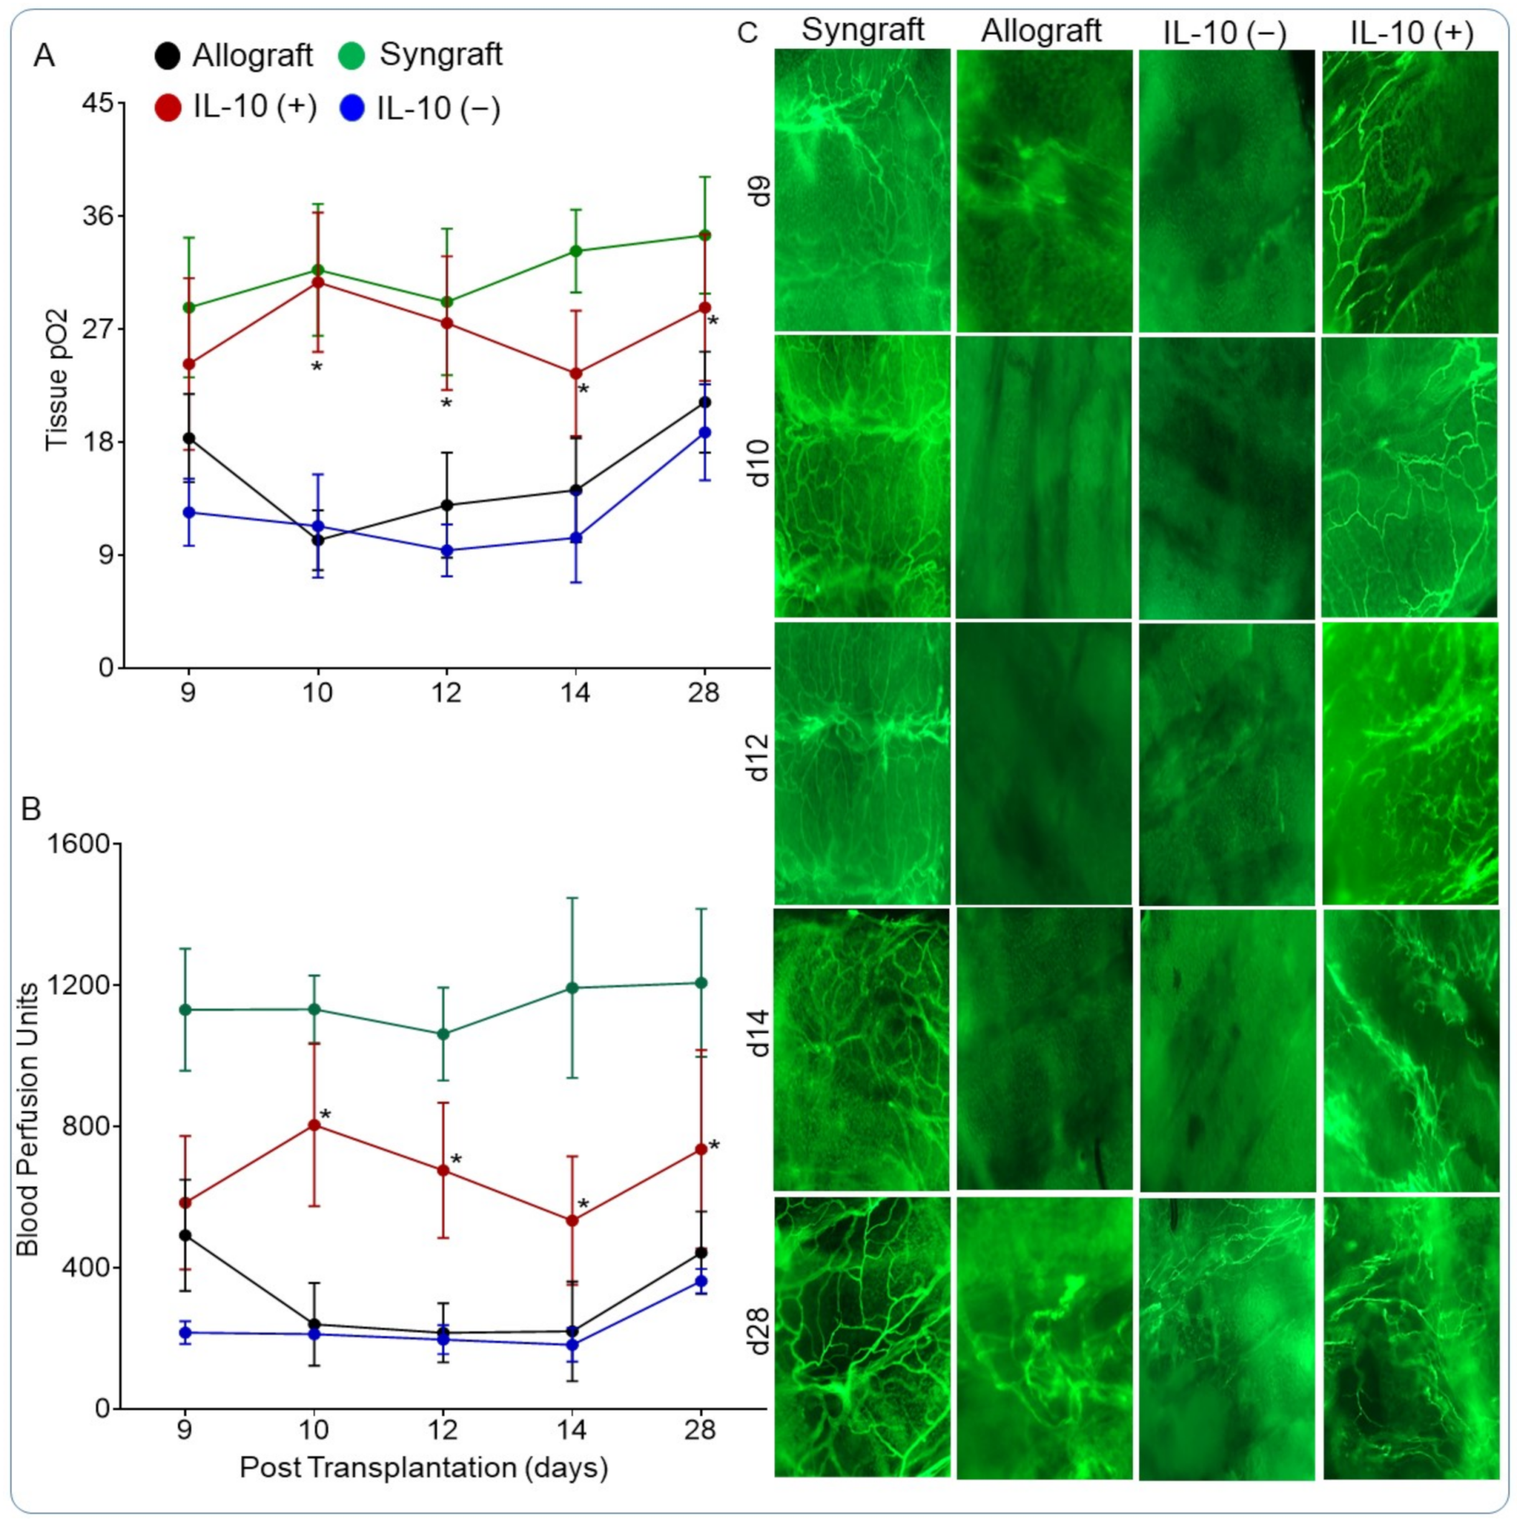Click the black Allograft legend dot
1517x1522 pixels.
tap(168, 55)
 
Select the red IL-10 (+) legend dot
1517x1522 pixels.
tap(168, 108)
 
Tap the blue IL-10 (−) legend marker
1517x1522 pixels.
tap(354, 108)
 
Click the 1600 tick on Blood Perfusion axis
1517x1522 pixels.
tap(90, 843)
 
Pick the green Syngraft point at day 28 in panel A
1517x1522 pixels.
tap(705, 235)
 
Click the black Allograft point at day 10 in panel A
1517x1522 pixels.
tap(319, 540)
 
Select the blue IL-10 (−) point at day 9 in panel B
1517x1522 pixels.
tap(186, 1333)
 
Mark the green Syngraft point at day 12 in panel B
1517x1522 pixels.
tap(443, 1034)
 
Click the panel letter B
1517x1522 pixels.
tap(32, 809)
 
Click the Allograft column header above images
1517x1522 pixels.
tap(1041, 32)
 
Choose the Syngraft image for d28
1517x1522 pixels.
tap(861, 1337)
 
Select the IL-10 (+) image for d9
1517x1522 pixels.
tap(1410, 191)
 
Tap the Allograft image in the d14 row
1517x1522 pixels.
tap(1043, 1049)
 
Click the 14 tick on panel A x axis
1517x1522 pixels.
tap(576, 694)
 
